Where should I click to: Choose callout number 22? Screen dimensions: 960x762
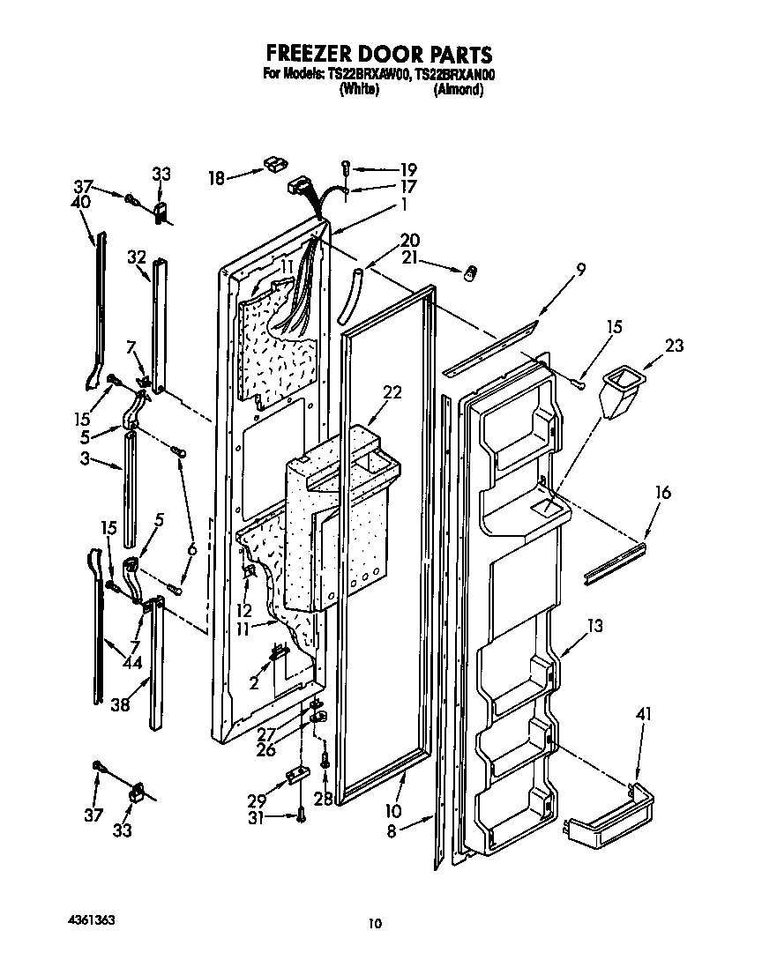pyautogui.click(x=392, y=393)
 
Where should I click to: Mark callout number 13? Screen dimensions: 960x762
pyautogui.click(x=595, y=626)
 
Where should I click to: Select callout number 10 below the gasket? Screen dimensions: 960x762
pyautogui.click(x=393, y=810)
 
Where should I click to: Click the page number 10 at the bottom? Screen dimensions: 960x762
pyautogui.click(x=375, y=924)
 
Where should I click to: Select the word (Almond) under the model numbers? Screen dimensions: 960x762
pyautogui.click(x=458, y=90)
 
